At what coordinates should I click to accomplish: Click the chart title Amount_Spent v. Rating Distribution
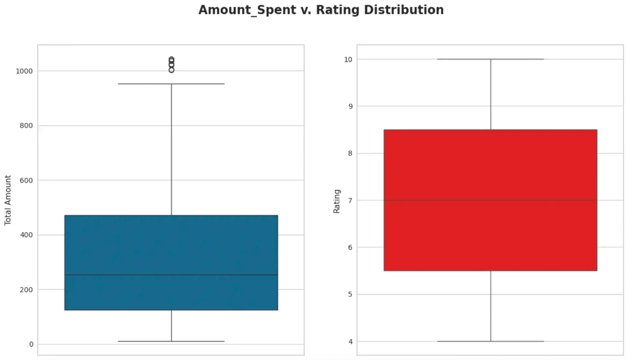coord(321,10)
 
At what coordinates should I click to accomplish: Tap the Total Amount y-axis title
coord(8,200)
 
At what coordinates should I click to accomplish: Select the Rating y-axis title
coord(336,201)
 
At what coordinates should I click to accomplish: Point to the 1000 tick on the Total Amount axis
coord(24,71)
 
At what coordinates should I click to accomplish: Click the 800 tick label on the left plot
coord(26,126)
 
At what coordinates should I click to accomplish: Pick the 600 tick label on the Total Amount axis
coord(26,180)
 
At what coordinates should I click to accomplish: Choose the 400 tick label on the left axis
coord(26,235)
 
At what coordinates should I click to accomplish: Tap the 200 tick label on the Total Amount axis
coord(26,290)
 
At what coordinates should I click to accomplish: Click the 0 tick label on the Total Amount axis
coord(31,344)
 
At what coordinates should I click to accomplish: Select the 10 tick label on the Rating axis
coord(348,60)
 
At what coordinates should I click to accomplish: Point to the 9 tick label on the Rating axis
coord(350,106)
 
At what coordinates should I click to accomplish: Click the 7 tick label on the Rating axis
coord(350,200)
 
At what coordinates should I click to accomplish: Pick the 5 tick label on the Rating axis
coord(350,294)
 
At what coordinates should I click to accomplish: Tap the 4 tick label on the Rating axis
coord(350,342)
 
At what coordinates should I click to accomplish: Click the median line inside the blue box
coord(171,275)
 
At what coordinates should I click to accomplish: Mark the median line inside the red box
coord(490,200)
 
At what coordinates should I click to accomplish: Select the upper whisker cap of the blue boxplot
coord(171,84)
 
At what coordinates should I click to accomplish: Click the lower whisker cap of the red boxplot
coord(490,341)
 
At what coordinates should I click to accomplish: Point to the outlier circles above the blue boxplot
coord(171,64)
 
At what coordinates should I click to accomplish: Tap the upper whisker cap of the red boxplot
coord(490,59)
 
